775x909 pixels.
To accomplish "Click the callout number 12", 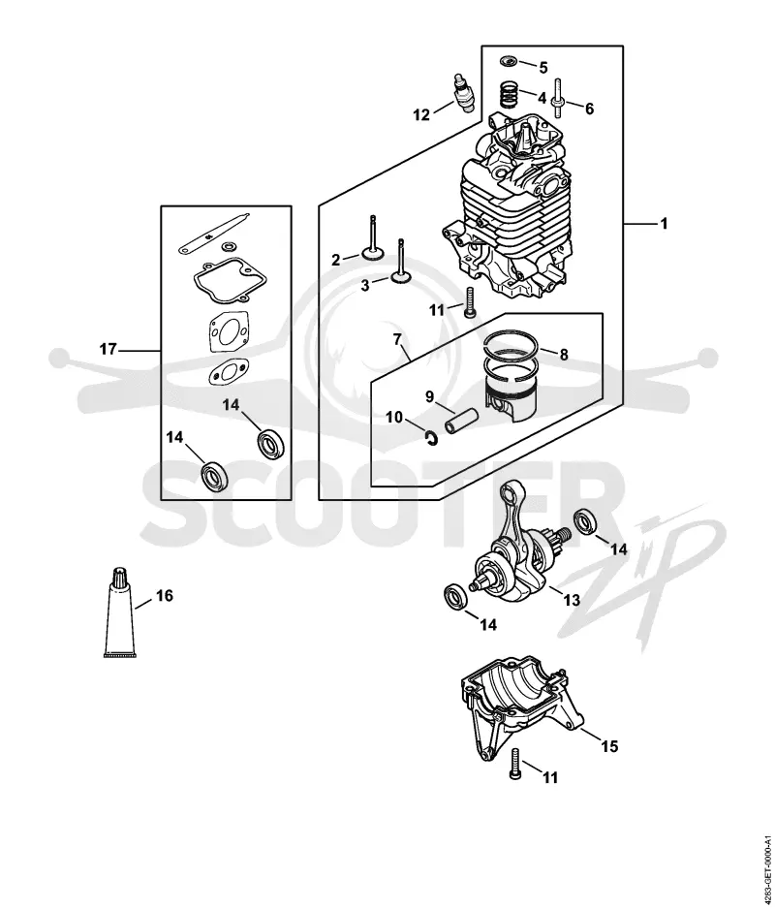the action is click(421, 114).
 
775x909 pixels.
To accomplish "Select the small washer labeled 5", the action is click(509, 60).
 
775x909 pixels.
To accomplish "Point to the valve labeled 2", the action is click(373, 240).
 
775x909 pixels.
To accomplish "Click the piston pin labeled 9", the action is click(461, 421).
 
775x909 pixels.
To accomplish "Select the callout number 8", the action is click(564, 355).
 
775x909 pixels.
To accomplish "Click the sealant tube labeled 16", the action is click(120, 611).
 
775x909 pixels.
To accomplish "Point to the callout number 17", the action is click(108, 350).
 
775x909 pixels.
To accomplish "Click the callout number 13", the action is click(572, 600).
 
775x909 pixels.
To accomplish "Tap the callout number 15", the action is click(609, 746).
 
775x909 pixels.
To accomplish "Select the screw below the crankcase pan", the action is click(516, 763).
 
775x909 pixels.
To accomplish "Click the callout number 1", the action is click(665, 223).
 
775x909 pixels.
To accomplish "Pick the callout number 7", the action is click(397, 339).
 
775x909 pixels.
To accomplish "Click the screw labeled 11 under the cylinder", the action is click(468, 302).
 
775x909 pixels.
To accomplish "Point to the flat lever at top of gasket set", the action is click(213, 233).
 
